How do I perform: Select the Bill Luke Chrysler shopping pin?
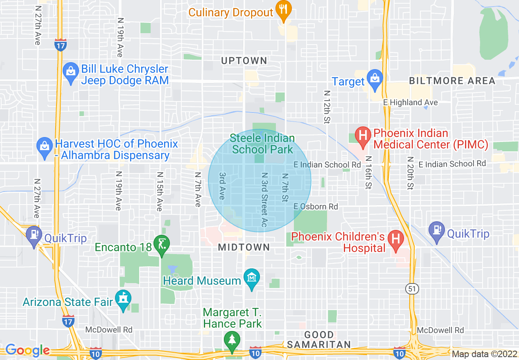click(x=70, y=73)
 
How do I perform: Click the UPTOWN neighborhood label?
click(x=244, y=61)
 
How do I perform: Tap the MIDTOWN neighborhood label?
click(x=244, y=247)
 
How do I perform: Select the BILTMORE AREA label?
click(x=452, y=81)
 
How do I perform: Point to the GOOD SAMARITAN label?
click(x=318, y=340)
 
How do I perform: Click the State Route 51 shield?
click(x=411, y=288)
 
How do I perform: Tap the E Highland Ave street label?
click(x=410, y=102)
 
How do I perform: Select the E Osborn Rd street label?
click(x=316, y=207)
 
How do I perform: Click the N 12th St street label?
click(x=327, y=106)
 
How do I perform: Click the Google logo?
click(x=27, y=351)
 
